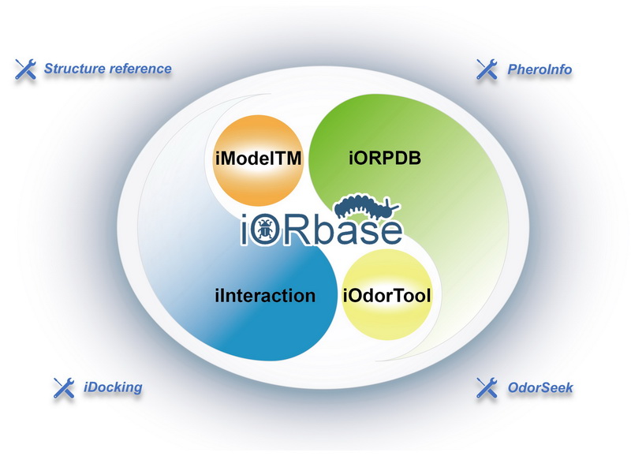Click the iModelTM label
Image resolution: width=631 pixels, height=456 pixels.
[x=259, y=158]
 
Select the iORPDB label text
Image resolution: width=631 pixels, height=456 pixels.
[x=385, y=158]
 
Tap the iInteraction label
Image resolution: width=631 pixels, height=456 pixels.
[x=265, y=296]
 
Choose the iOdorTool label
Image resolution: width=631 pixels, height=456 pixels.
[x=386, y=296]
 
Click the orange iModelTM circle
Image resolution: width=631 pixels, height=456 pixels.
[x=258, y=160]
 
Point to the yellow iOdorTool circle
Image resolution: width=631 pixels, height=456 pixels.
[x=386, y=294]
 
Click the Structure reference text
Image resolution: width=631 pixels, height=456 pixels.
[x=108, y=69]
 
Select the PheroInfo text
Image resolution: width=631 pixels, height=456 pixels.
[x=540, y=69]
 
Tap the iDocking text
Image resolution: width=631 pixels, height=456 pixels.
[x=113, y=387]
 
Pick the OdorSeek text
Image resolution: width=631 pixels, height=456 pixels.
[x=540, y=387]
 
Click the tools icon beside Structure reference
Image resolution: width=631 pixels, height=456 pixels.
[x=26, y=69]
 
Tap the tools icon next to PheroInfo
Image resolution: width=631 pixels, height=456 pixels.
[x=487, y=69]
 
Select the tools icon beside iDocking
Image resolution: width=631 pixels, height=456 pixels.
[x=64, y=388]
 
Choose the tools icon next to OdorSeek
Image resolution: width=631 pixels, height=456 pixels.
[x=487, y=388]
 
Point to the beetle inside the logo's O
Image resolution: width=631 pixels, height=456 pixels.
[x=264, y=230]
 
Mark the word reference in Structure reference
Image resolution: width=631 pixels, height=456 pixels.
[x=140, y=69]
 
